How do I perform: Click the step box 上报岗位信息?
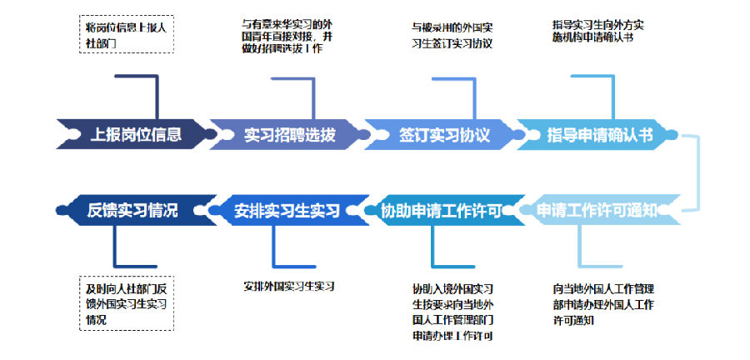[x=133, y=133]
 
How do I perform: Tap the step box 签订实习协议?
[x=442, y=133]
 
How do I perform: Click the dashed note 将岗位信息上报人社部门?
[x=124, y=34]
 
